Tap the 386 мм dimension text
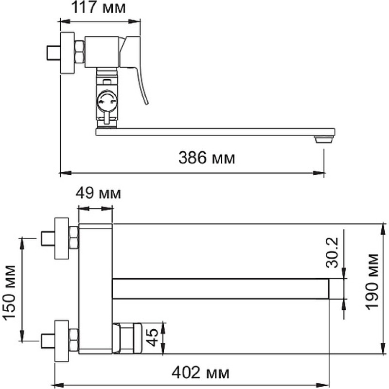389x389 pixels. (206, 158)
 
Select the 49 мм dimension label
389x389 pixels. (98, 193)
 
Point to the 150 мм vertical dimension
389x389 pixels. (9, 293)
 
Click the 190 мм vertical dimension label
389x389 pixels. (372, 282)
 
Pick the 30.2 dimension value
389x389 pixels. (332, 252)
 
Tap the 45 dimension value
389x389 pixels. (152, 337)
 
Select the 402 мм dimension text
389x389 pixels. (200, 372)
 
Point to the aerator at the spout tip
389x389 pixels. (323, 140)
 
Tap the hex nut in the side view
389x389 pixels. (79, 52)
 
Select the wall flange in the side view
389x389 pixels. (67, 53)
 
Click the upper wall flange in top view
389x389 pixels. (62, 239)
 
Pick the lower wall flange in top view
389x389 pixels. (62, 341)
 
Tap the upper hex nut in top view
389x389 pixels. (74, 238)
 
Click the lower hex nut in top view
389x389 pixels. (74, 340)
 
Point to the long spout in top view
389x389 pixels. (221, 289)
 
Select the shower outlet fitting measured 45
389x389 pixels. (127, 338)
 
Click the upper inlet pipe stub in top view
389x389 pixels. (48, 238)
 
